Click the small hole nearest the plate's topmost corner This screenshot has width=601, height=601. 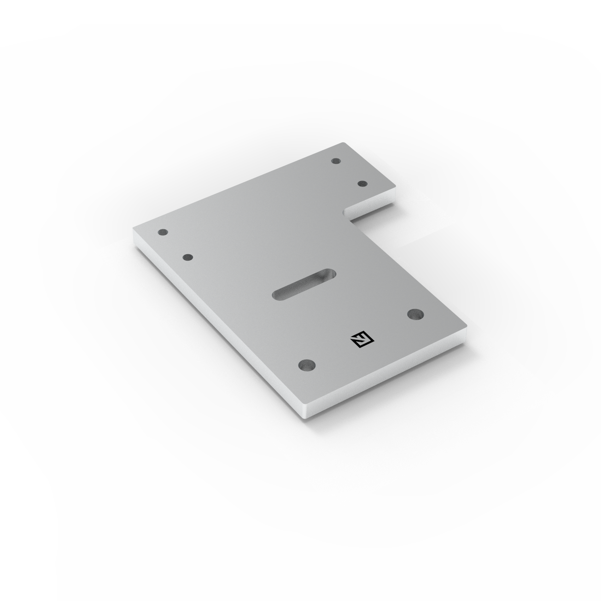point(336,162)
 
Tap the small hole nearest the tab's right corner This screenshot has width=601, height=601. point(362,184)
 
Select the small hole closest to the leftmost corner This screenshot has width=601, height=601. point(162,233)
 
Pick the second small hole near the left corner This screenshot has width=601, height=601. point(187,257)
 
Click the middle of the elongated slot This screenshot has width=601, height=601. point(304,284)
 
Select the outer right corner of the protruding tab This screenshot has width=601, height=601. point(395,189)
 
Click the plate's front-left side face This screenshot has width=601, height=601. point(216,327)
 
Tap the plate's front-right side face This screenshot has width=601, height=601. point(391,378)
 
